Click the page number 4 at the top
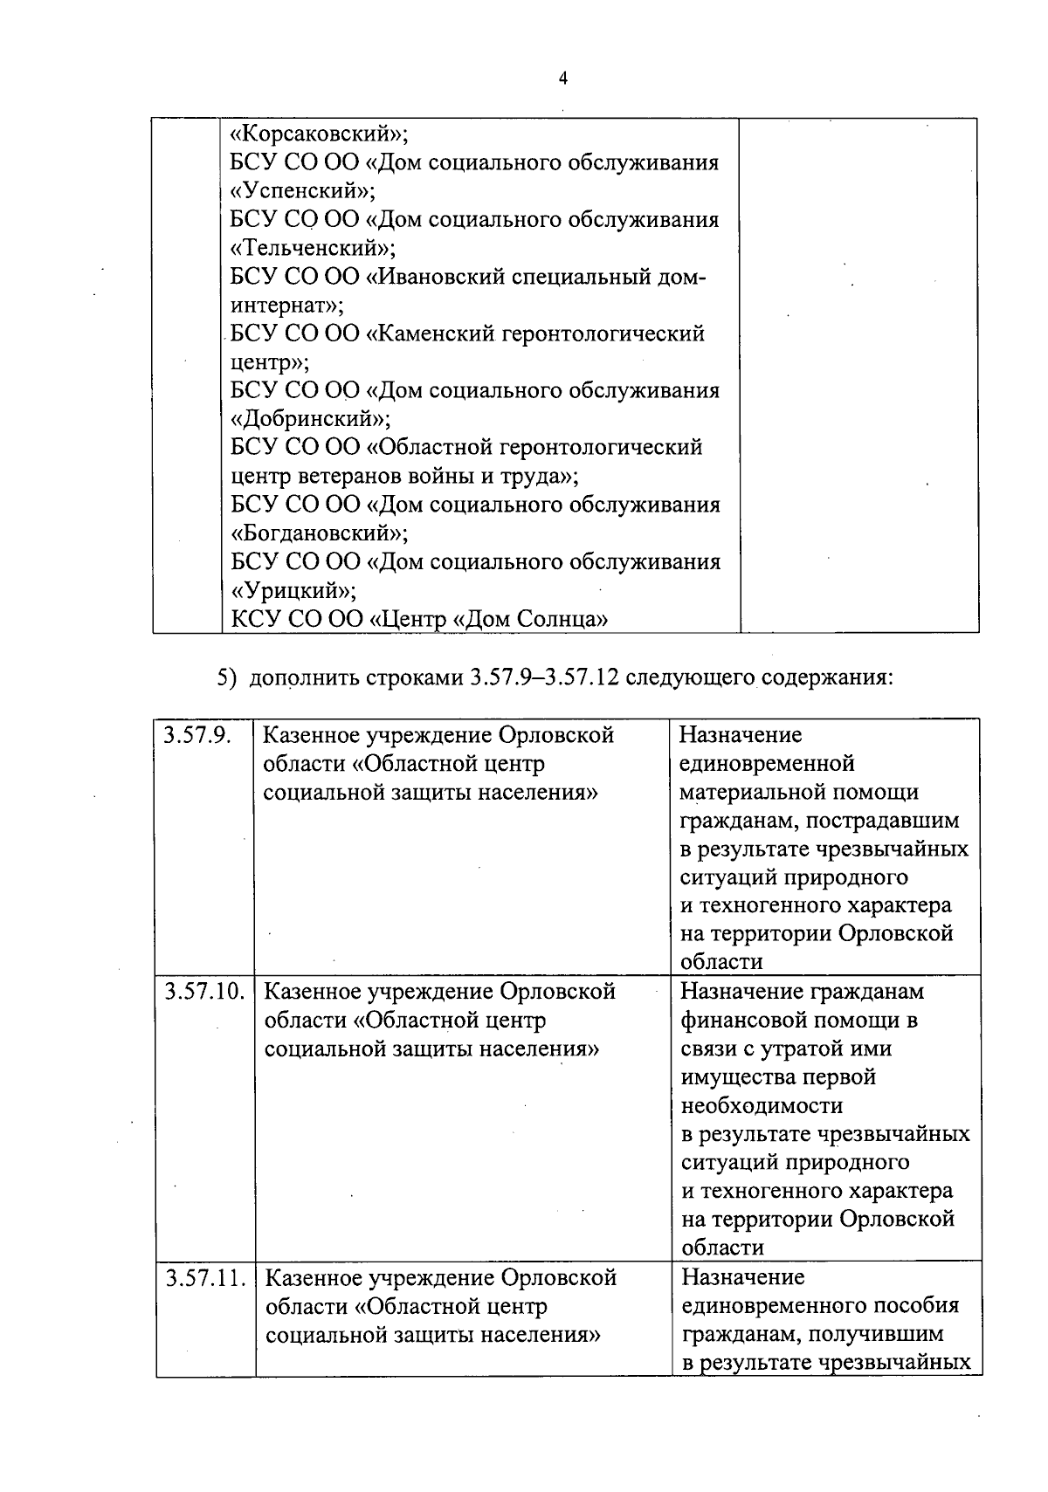(563, 79)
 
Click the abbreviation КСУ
(254, 619)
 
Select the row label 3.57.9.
(196, 735)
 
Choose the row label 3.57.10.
(204, 992)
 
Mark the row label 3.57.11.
(204, 1278)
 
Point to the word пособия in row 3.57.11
(922, 1306)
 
